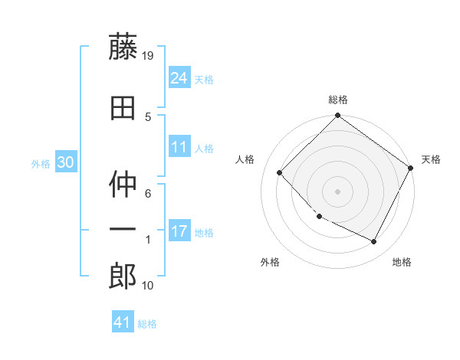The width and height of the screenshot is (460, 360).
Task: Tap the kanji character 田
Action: coord(123,108)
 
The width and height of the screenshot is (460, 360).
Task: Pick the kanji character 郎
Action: coord(123,276)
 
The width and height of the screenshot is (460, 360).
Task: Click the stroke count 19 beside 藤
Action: coord(149,55)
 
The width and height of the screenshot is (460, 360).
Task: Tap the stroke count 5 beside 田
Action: coord(148,116)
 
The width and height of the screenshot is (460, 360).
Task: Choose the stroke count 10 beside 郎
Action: coord(148,286)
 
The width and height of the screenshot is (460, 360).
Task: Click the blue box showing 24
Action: coord(179,77)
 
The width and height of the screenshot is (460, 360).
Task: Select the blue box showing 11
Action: coord(179,146)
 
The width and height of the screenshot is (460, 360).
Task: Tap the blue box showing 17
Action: coord(179,231)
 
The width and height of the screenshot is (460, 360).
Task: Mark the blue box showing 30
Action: coord(65,162)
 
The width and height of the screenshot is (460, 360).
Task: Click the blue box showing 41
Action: coord(123,322)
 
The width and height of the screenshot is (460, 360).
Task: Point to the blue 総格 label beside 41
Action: coord(147,324)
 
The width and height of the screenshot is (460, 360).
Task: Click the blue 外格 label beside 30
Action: coord(40,163)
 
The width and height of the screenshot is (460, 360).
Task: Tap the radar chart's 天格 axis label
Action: coord(431,159)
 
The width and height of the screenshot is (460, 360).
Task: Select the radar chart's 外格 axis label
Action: coord(270,263)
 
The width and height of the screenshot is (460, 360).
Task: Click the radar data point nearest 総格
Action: coord(337,116)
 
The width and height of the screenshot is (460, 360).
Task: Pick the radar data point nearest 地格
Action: coord(374,242)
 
